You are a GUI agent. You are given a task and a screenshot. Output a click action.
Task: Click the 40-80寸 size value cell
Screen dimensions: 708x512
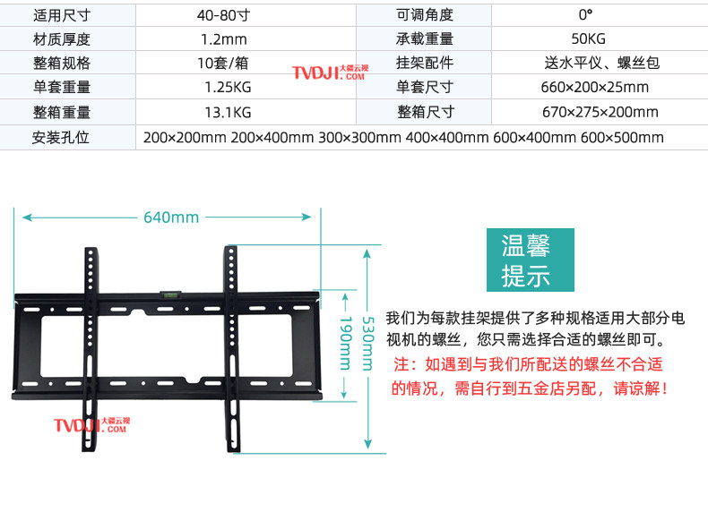(x=225, y=15)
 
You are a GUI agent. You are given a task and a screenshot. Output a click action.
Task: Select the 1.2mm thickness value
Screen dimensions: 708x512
(x=225, y=39)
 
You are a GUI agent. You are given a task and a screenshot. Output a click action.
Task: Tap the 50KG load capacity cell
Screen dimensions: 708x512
(x=587, y=39)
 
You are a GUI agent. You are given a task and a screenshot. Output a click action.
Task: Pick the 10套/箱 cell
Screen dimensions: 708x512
(x=225, y=64)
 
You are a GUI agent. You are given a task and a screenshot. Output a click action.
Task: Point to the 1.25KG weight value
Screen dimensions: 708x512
(x=225, y=88)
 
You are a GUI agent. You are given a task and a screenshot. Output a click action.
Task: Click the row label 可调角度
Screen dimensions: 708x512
(x=425, y=15)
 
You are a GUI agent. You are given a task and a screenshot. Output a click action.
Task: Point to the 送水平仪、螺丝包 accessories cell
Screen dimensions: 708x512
(x=601, y=64)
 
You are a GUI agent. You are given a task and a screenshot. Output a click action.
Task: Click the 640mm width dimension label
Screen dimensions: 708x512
(x=170, y=218)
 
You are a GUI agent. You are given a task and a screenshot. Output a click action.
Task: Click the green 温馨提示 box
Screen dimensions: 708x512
(x=525, y=260)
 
